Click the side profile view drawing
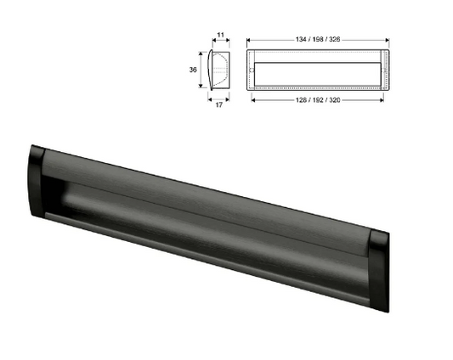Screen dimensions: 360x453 [218, 69]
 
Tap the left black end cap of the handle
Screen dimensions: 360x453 [37, 181]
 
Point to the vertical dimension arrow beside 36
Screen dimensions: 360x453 [202, 69]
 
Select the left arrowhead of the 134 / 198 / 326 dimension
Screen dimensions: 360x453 [248, 40]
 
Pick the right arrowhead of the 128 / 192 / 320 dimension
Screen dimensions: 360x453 [382, 98]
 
